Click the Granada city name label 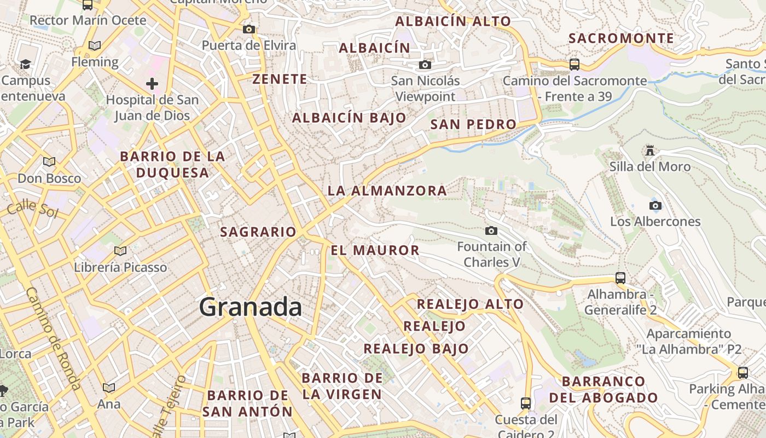click(250, 307)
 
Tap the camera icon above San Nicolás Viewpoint click(425, 65)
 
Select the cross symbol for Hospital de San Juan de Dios click(152, 84)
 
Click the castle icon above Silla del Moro click(650, 150)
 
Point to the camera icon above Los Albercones click(655, 206)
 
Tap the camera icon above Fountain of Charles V click(491, 231)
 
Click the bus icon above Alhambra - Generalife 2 click(620, 278)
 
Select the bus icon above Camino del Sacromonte click(574, 65)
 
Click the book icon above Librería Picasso click(120, 251)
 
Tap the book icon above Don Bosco click(49, 162)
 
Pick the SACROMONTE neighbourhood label click(621, 38)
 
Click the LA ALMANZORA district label click(387, 191)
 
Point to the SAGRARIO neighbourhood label click(258, 232)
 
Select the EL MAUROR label click(375, 251)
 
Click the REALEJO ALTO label click(470, 304)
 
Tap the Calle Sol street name click(33, 208)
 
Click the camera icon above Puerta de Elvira click(249, 29)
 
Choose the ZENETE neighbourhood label click(280, 79)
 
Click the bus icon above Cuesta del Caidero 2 click(526, 404)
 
